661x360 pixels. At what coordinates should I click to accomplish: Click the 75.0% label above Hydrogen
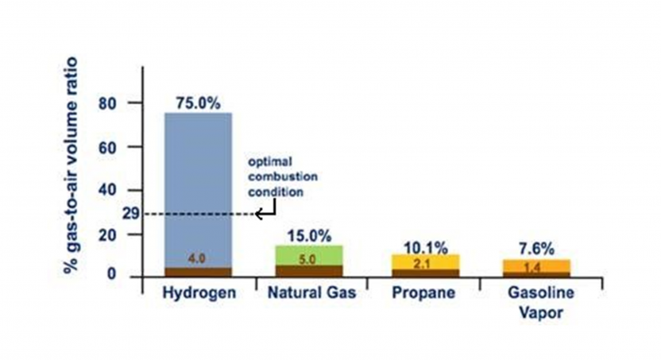pos(198,103)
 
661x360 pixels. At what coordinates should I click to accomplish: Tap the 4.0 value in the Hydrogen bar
pos(198,258)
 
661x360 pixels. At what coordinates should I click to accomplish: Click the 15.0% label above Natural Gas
pos(309,236)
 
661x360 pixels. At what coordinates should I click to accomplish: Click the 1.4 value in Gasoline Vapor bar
pos(535,268)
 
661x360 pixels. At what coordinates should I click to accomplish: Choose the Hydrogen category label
pos(199,292)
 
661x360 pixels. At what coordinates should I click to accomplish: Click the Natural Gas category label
pos(309,292)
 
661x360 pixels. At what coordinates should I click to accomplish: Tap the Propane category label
pos(423,292)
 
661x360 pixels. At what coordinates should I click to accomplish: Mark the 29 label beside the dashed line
pos(132,214)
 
